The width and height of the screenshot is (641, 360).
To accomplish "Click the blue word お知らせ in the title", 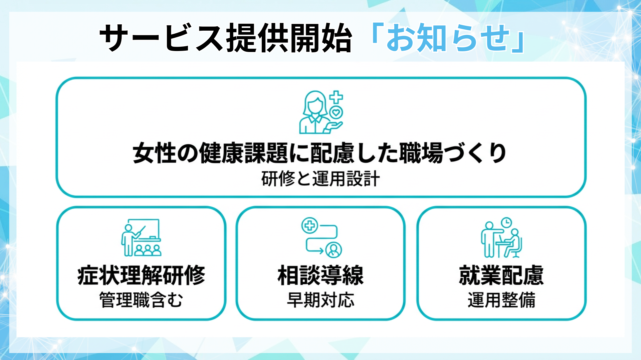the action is point(447,38).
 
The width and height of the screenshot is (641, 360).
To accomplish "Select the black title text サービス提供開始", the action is point(226,38).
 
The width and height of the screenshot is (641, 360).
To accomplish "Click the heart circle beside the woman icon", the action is point(336,113).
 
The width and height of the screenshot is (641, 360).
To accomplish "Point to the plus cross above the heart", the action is point(336,97).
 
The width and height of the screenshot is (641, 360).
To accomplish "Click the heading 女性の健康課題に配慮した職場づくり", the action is point(320,153).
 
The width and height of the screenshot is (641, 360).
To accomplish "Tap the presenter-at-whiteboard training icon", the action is point(141,237).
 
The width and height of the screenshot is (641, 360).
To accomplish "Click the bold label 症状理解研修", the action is point(141,276).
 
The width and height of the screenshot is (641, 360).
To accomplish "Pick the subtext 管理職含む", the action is point(141,300).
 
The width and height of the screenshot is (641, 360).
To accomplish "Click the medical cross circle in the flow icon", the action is point(310,226).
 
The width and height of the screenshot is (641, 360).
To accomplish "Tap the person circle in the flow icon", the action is point(333,249).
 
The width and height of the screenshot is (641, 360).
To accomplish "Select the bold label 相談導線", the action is point(320,276).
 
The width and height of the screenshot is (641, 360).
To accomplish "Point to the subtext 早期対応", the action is point(320,300).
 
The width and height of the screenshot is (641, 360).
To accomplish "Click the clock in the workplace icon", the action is point(506,222).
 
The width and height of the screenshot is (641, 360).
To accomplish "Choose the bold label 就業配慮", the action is point(501,276).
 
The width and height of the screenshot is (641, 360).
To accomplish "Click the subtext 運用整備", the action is point(501,300).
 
